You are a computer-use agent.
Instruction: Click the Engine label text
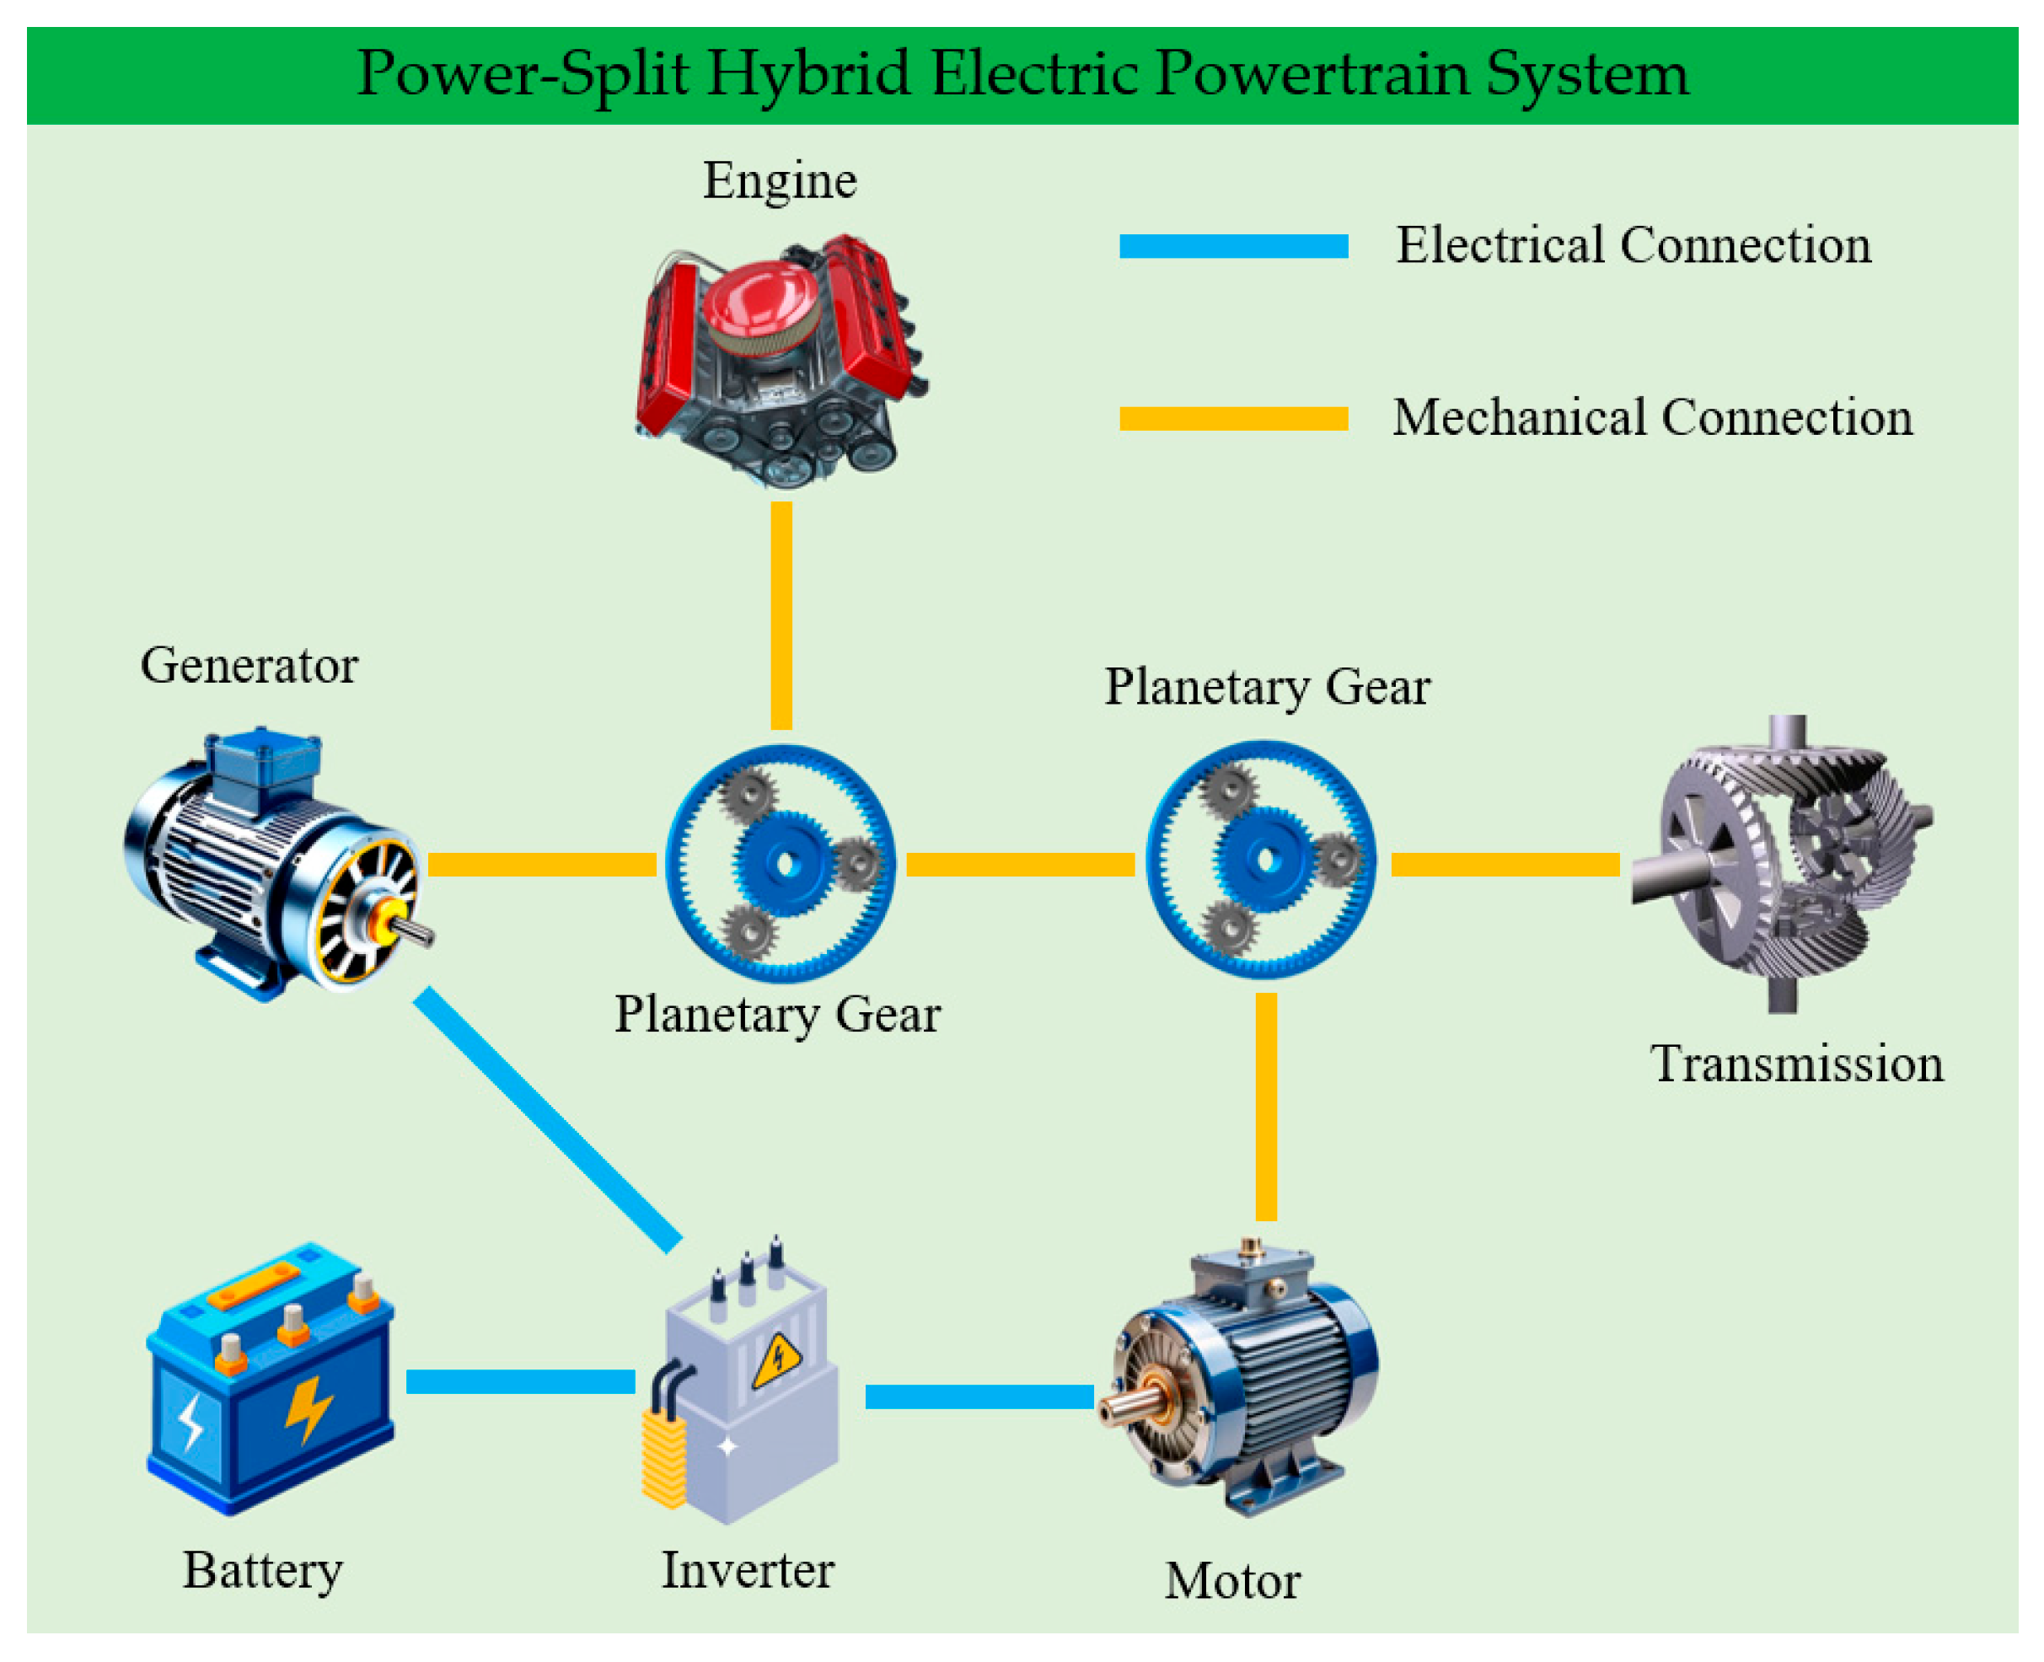coord(780,180)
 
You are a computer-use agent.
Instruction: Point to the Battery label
coord(262,1570)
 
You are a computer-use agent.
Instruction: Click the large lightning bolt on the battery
coord(308,1407)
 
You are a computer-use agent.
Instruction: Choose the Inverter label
coord(748,1570)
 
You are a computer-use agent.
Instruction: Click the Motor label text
coord(1232,1580)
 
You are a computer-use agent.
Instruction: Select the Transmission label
coord(1797,1064)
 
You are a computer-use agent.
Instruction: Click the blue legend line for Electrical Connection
coord(1233,246)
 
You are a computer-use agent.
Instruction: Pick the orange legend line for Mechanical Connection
coord(1233,418)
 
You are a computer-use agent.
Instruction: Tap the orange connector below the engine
coord(781,614)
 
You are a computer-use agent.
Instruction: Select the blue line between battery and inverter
coord(520,1381)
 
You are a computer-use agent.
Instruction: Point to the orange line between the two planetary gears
coord(1020,865)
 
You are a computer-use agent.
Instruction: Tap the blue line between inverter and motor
coord(979,1397)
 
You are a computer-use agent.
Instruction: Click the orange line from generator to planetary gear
coord(541,865)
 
